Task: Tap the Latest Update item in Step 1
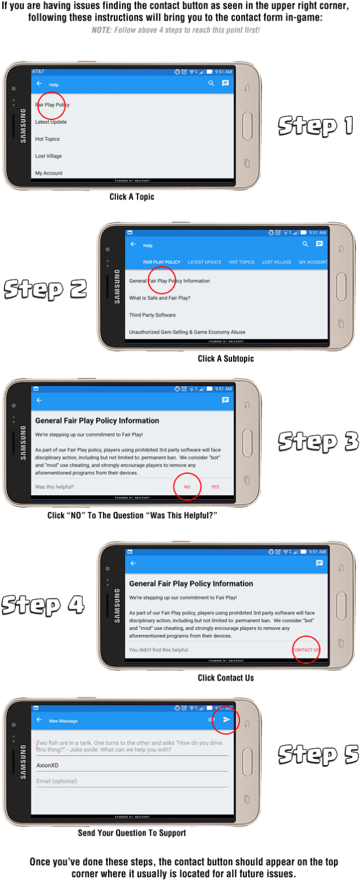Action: (51, 122)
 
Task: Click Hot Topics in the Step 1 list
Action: (47, 139)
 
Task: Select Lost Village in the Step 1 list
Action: (48, 156)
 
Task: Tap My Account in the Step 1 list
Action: (49, 173)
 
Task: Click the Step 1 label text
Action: (316, 125)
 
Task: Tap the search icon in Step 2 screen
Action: (305, 244)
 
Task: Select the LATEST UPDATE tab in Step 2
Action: (204, 262)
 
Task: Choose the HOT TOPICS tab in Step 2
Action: (242, 262)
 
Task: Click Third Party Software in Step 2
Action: (152, 315)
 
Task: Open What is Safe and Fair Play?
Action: (160, 298)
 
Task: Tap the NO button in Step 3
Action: (187, 487)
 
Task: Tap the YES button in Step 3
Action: (215, 487)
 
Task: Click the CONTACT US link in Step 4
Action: (306, 650)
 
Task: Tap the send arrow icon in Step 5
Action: (226, 720)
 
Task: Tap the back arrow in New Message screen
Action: (39, 720)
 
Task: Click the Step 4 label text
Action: (43, 604)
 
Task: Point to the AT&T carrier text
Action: (38, 72)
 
